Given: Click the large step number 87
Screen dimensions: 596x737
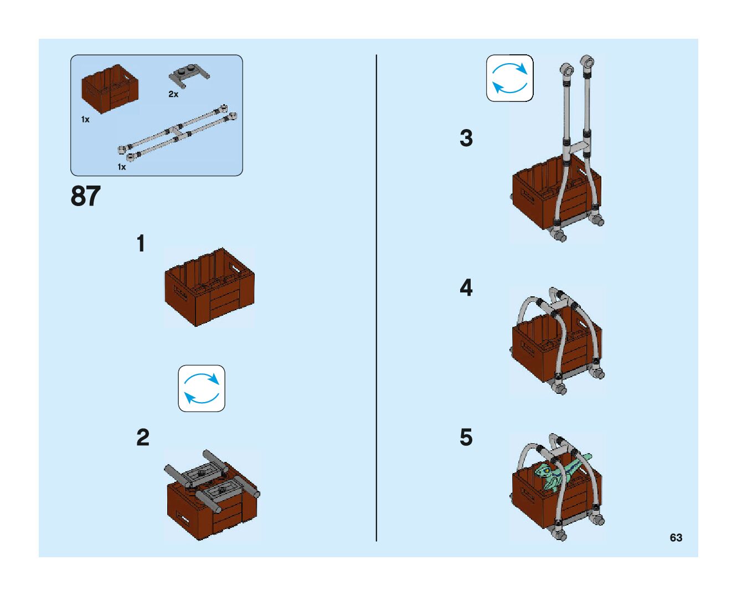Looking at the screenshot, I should point(86,197).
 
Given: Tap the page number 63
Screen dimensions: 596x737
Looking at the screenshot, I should point(676,538).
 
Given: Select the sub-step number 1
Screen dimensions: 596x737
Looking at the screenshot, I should point(141,244).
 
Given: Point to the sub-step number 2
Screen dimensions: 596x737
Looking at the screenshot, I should point(143,438).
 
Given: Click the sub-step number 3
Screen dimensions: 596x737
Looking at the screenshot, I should point(466,138).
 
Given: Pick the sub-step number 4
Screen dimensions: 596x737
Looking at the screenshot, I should point(466,288).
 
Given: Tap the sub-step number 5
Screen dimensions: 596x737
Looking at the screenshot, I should point(466,438).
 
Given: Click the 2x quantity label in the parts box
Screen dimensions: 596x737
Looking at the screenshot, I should point(173,95).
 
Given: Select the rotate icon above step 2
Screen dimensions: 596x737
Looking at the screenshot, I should point(202,388).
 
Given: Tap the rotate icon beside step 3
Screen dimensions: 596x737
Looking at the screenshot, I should point(509,78).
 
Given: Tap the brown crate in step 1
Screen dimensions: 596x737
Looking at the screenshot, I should point(209,287).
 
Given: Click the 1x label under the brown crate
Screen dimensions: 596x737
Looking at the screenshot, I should point(85,120).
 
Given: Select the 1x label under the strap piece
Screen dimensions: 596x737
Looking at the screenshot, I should point(121,167).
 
